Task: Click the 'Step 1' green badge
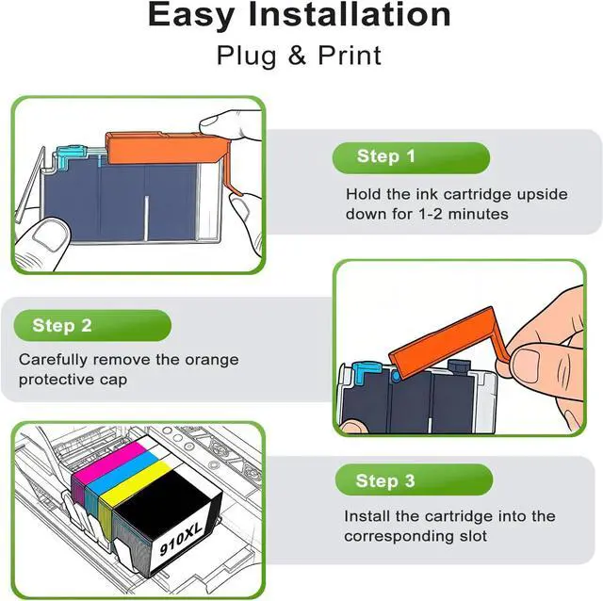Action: [x=411, y=157]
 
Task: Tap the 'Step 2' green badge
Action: [x=92, y=326]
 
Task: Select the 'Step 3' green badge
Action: [x=414, y=479]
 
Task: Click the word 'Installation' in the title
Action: [x=350, y=15]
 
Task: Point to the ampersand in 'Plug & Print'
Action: [x=297, y=55]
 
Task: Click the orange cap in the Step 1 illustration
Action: [x=166, y=150]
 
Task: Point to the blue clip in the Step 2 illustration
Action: [x=366, y=372]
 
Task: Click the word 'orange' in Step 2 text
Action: [x=211, y=361]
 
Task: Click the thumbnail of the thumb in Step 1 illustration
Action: [x=48, y=236]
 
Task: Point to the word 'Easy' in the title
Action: [x=190, y=16]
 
